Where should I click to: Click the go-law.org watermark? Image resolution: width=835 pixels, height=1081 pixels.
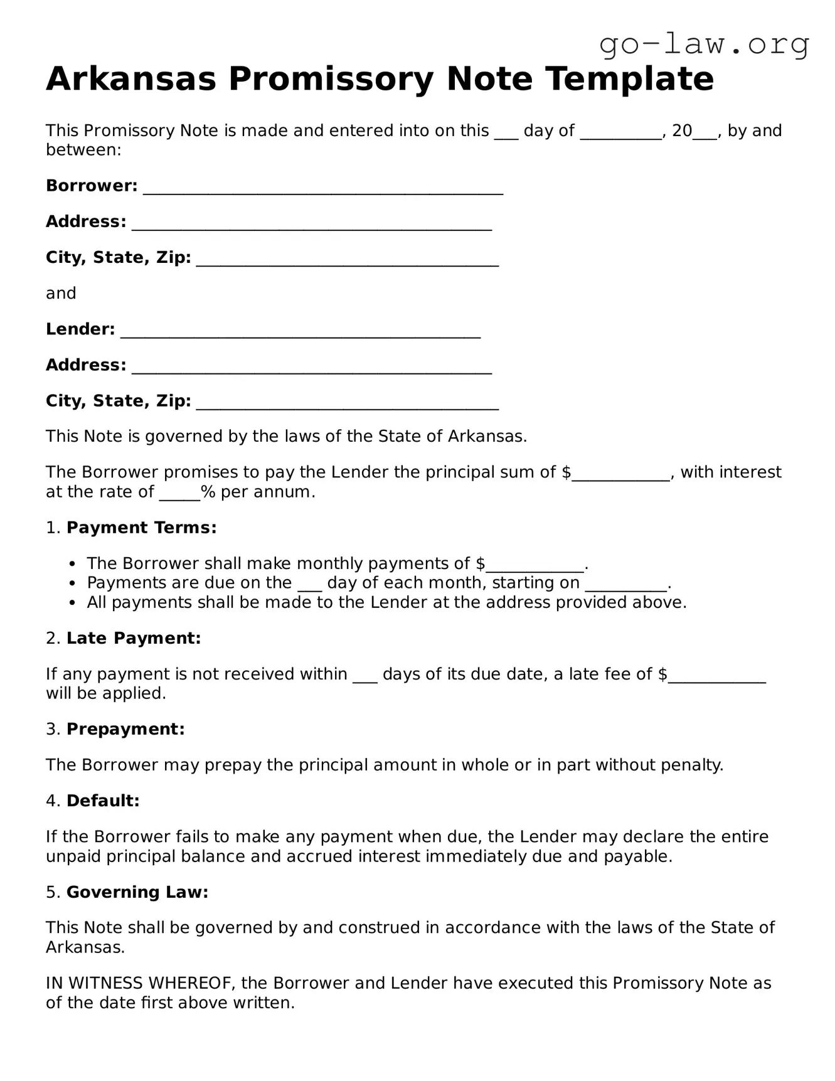[x=704, y=45]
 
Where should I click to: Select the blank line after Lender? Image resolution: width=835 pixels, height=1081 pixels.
[x=300, y=331]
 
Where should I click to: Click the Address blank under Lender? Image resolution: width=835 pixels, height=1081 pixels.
[x=311, y=367]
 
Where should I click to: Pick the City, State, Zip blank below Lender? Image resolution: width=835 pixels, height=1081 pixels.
[x=347, y=403]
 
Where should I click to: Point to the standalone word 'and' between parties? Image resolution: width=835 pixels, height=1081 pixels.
[x=61, y=293]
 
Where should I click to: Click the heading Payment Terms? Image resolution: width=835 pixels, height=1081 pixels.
[x=141, y=528]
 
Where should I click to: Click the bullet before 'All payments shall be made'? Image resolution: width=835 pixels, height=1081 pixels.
[x=73, y=603]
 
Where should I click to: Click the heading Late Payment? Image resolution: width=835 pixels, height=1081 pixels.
[x=134, y=638]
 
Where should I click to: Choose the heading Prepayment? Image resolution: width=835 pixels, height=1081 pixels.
[x=125, y=729]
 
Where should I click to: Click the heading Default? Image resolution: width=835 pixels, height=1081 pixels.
[x=103, y=801]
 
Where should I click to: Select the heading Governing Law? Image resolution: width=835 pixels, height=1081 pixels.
[x=137, y=892]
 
